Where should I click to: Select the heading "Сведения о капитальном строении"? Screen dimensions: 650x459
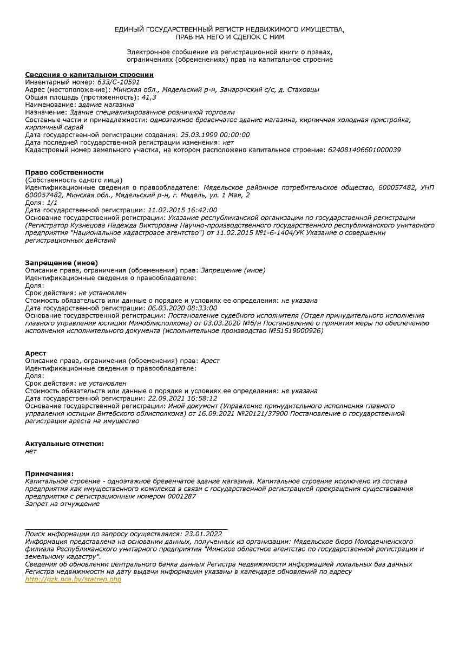click(89, 74)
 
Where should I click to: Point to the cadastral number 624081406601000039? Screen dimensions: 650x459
click(364, 149)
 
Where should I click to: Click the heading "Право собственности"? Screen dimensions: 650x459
click(64, 172)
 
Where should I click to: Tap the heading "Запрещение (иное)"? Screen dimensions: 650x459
click(61, 263)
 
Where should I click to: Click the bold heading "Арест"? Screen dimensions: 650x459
click(36, 353)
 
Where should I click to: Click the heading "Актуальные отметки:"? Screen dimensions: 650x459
click(64, 443)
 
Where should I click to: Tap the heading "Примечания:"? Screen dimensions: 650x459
click(49, 473)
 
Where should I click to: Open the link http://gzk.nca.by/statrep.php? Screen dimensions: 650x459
click(73, 579)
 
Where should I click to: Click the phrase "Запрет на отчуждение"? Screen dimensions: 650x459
click(62, 504)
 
